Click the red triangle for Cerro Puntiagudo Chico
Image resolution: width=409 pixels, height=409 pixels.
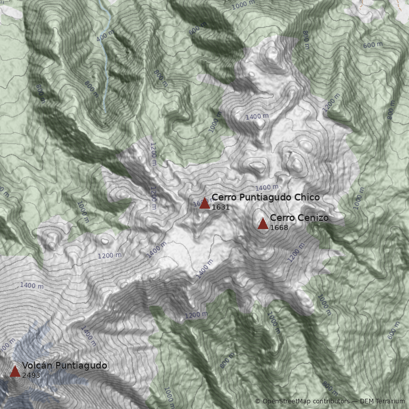204,203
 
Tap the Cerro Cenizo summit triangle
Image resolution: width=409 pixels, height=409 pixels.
263,223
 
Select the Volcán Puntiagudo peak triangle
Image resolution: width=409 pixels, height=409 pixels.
15,371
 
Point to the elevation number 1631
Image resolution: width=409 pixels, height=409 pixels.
220,208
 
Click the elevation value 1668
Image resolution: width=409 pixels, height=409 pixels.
279,228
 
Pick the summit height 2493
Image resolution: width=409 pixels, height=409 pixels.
31,375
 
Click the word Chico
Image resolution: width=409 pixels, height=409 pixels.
309,197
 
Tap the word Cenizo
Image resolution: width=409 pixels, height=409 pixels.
311,218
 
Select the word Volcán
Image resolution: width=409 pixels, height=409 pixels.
37,366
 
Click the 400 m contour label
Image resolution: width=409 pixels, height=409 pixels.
104,37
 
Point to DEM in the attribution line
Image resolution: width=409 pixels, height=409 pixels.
368,401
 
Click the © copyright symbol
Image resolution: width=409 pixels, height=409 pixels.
258,401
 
